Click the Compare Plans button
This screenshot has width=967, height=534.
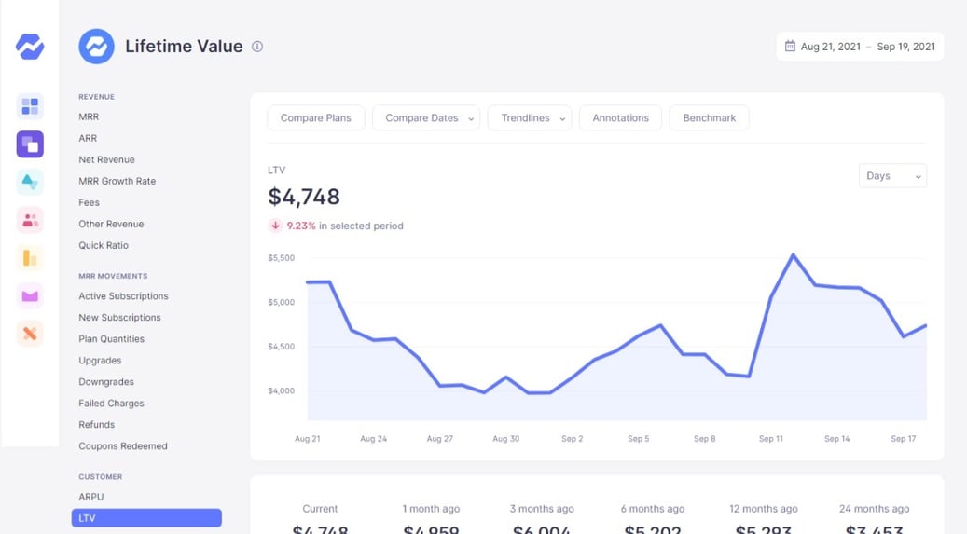pos(315,118)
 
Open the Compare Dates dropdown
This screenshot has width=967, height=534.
pos(425,118)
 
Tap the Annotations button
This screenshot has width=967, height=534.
pos(620,118)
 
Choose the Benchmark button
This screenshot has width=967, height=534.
pos(709,118)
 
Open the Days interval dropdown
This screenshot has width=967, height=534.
pos(891,176)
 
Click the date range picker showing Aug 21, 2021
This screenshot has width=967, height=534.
pos(859,47)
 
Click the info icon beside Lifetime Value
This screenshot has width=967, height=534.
pos(257,47)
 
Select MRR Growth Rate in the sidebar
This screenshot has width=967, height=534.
pos(117,181)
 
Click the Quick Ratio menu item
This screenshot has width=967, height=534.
pos(104,245)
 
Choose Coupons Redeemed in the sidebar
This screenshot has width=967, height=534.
pos(123,446)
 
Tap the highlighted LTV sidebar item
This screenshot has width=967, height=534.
pos(146,518)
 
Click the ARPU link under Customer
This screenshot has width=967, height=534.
pos(91,497)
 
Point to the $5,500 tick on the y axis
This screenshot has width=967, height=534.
pos(281,258)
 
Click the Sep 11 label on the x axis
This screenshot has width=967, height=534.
pos(771,438)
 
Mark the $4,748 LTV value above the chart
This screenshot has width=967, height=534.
pos(304,197)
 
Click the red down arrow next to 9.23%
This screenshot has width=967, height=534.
pos(275,226)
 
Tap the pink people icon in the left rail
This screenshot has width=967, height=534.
pos(30,220)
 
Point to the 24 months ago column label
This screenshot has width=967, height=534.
pos(874,509)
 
